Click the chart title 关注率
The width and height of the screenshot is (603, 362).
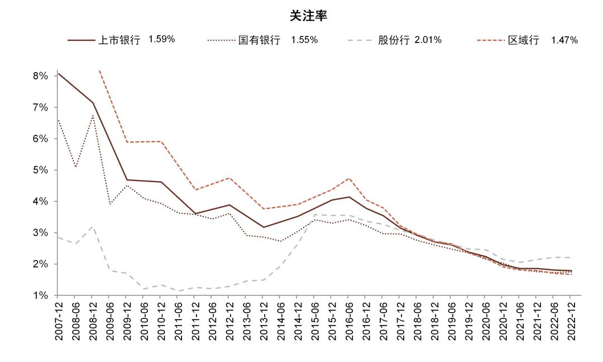tap(308, 16)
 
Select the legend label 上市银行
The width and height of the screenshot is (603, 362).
tap(119, 40)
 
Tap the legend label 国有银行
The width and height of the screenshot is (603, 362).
tap(259, 40)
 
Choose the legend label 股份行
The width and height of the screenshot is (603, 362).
tap(394, 40)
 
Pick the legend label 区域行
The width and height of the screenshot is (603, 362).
tap(523, 40)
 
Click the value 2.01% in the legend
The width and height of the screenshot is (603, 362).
tap(428, 40)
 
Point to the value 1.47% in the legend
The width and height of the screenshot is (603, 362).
tap(564, 40)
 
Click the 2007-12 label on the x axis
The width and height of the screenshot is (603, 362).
tap(59, 321)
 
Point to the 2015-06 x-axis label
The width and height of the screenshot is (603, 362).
tap(314, 321)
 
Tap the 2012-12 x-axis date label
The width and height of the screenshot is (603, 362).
tap(229, 321)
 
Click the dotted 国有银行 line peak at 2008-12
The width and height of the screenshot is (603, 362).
tap(93, 116)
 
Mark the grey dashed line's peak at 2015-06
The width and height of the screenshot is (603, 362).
tap(314, 214)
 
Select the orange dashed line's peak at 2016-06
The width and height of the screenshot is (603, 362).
tap(348, 178)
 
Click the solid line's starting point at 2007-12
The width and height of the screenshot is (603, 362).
tap(59, 73)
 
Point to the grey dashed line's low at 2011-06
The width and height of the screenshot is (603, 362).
tap(178, 291)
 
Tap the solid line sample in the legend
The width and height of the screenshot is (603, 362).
tap(82, 40)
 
